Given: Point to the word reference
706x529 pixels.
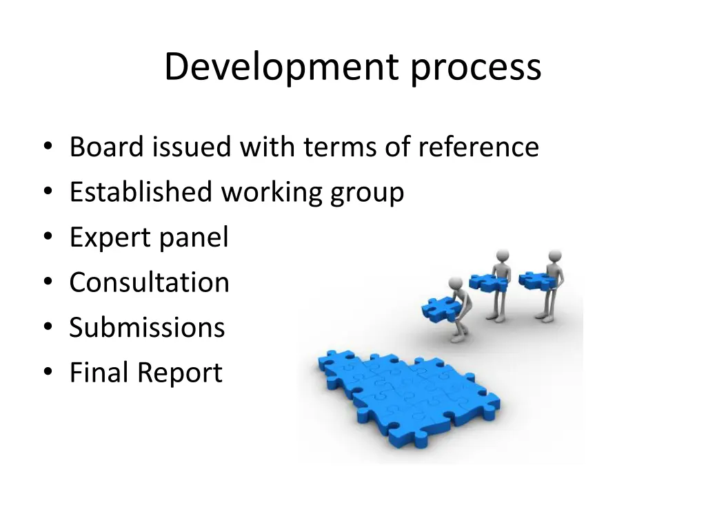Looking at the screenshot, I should click(x=478, y=147).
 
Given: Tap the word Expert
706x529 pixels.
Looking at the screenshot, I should click(x=110, y=238).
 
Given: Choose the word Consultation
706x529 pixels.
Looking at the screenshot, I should click(x=149, y=282).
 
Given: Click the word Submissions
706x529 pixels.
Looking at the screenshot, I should click(x=147, y=327).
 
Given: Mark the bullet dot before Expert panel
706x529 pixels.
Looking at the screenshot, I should click(x=47, y=238).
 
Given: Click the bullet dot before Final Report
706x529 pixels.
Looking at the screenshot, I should click(x=47, y=373).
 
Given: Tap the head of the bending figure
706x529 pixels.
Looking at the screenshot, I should click(x=456, y=283).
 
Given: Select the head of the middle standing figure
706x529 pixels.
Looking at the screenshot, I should click(x=502, y=256).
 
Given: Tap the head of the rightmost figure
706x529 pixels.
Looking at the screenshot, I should click(x=552, y=256).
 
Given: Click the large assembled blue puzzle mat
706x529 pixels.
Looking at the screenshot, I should click(x=407, y=393).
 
